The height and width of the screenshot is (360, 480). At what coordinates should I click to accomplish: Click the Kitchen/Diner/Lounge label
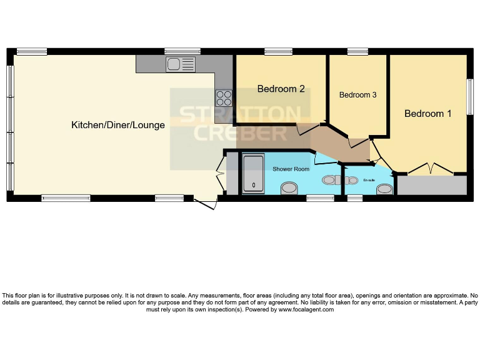[x=118, y=125]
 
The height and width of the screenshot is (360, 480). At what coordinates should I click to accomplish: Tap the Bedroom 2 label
[x=281, y=89]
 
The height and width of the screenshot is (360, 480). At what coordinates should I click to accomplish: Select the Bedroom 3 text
[x=357, y=95]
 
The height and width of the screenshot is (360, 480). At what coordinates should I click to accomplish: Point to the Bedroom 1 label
[x=427, y=114]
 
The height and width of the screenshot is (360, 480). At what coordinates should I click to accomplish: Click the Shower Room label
[x=291, y=169]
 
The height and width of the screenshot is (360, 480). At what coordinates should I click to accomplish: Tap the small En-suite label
[x=369, y=181]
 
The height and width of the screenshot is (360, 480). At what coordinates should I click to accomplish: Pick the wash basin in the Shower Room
[x=289, y=187]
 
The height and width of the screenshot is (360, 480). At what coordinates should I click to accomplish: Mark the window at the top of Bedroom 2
[x=278, y=51]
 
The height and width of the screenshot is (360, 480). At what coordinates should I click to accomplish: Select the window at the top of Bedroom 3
[x=357, y=51]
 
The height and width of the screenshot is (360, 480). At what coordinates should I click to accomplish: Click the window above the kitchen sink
[x=182, y=51]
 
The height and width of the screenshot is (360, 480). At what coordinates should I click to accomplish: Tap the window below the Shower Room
[x=320, y=198]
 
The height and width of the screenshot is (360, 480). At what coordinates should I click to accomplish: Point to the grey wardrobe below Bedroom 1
[x=432, y=185]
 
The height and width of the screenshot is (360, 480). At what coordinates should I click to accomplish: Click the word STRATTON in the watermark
[x=239, y=114]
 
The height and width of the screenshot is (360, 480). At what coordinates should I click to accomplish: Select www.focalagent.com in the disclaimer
[x=306, y=309]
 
